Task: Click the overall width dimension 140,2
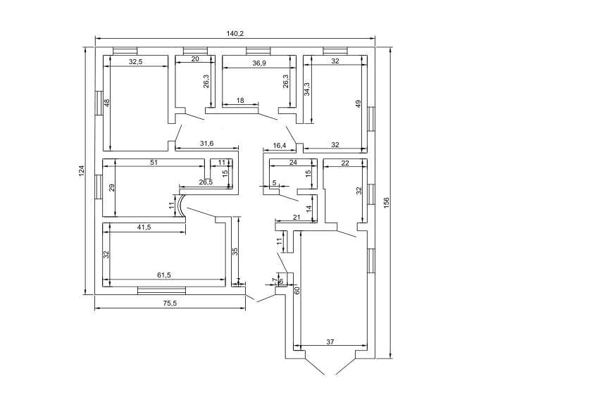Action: (235, 34)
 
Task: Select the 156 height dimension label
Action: (386, 203)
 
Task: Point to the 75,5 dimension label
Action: (170, 304)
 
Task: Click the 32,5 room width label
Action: (135, 62)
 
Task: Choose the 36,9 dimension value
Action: (259, 63)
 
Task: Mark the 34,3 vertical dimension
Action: (307, 89)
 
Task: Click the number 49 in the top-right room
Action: (358, 103)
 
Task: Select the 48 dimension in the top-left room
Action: (107, 103)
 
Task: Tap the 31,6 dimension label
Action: (207, 144)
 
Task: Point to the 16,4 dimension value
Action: (280, 145)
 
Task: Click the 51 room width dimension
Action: (154, 163)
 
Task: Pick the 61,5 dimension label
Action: (164, 275)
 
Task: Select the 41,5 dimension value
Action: (144, 227)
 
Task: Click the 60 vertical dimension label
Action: (297, 290)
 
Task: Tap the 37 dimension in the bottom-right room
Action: (330, 342)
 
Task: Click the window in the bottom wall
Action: (161, 290)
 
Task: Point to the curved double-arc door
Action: (181, 206)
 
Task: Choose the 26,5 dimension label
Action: (206, 182)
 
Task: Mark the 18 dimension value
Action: (240, 101)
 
